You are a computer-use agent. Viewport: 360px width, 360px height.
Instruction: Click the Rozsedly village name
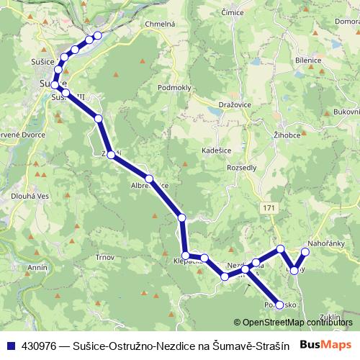pos(241,167)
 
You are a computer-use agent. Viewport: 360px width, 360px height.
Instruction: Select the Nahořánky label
pos(328,244)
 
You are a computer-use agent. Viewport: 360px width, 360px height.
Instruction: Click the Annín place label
pos(36,267)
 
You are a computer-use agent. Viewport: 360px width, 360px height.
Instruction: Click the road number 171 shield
pos(269,208)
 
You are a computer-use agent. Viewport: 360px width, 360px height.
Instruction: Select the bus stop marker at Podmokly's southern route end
pos(279,305)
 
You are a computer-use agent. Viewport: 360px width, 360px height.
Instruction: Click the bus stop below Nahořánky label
pos(305,252)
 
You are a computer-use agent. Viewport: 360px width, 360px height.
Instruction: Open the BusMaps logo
pos(326,345)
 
